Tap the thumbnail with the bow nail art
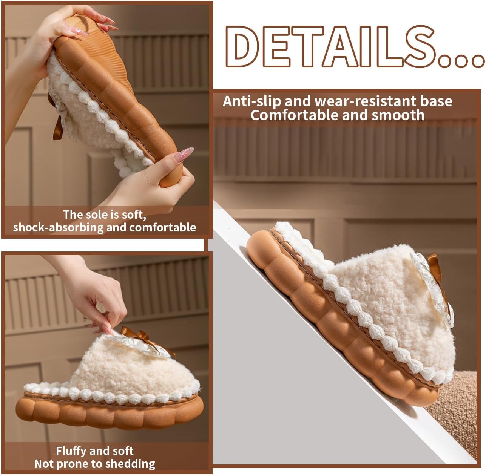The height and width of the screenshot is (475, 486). tap(185, 155)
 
